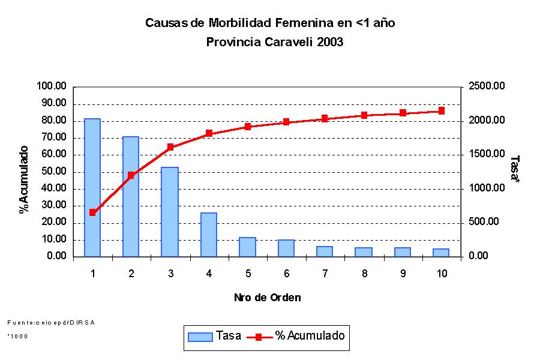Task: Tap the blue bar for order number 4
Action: tap(209, 234)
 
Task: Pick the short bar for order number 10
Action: tap(441, 253)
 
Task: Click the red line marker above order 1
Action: tap(92, 212)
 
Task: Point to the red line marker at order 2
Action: tap(131, 175)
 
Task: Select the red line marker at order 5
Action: tap(247, 127)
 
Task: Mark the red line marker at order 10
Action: tap(442, 111)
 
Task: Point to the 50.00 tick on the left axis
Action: tap(52, 172)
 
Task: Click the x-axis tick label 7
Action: tap(325, 274)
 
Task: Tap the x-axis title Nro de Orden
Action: tap(267, 297)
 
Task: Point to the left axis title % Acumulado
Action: tap(24, 179)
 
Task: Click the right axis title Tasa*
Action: tap(514, 170)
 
